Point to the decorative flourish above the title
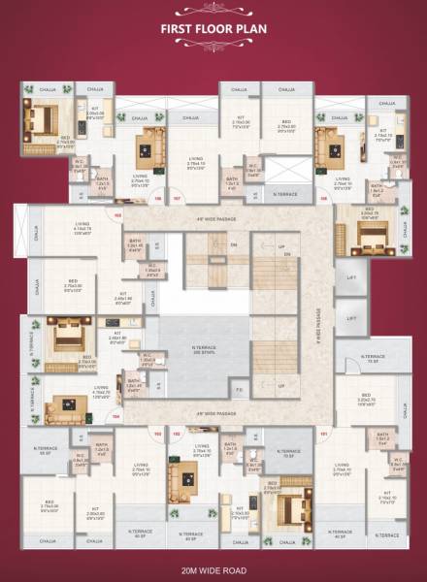pyautogui.click(x=213, y=13)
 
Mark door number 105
pyautogui.click(x=117, y=214)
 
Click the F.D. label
pyautogui.click(x=238, y=392)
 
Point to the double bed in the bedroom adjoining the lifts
pyautogui.click(x=373, y=234)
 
